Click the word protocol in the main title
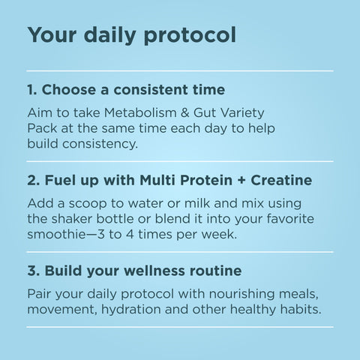point(190,35)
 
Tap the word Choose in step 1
point(69,89)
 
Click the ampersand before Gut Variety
point(184,112)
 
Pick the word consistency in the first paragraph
point(100,144)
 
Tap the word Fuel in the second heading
point(60,180)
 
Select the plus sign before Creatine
point(241,181)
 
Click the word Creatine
point(281,180)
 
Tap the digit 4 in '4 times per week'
point(130,235)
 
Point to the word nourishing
point(241,294)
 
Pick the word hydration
point(131,310)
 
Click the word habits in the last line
point(301,309)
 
